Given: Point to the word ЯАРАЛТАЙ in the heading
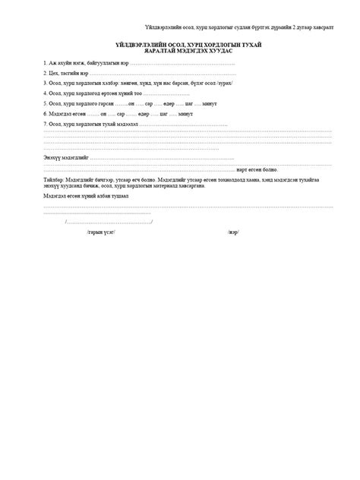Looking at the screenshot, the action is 156,51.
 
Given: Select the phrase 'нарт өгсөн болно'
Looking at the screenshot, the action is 257,170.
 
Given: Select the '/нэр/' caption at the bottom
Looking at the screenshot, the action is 232,232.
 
